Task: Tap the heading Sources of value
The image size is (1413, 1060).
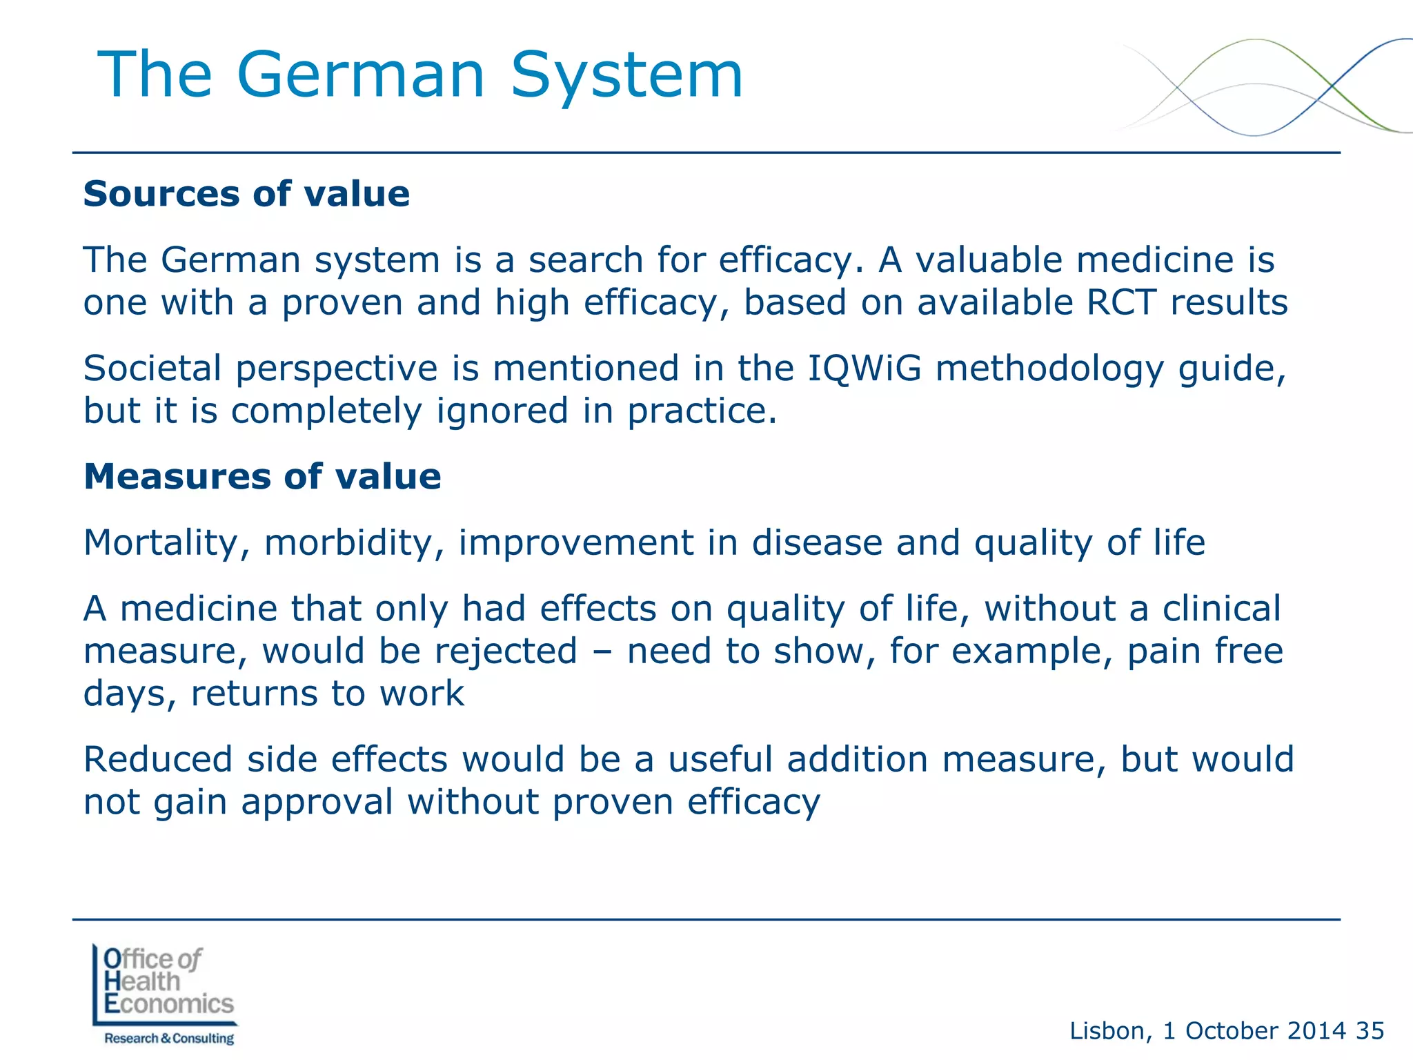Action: point(246,194)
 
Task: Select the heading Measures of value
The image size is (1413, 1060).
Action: point(262,476)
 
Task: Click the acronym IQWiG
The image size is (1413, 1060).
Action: point(864,368)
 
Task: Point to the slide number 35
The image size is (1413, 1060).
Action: point(1370,1031)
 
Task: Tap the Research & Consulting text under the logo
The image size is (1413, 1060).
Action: point(169,1039)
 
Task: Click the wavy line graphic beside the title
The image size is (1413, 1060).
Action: point(1263,86)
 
